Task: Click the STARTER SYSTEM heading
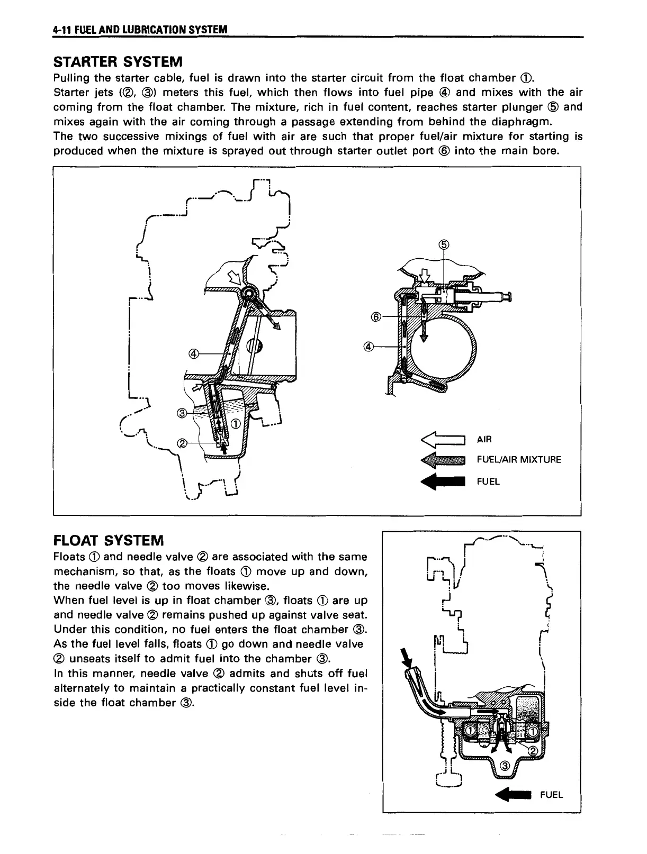118,62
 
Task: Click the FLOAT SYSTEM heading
109,540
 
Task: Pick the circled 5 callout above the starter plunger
444,244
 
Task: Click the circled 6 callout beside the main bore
376,317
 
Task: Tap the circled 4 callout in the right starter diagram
369,347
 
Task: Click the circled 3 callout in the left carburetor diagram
181,413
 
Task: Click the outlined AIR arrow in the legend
442,439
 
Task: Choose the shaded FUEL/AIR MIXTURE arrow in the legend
442,460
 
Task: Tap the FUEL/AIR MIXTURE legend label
518,460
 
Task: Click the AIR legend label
484,439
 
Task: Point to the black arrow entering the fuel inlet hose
407,659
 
